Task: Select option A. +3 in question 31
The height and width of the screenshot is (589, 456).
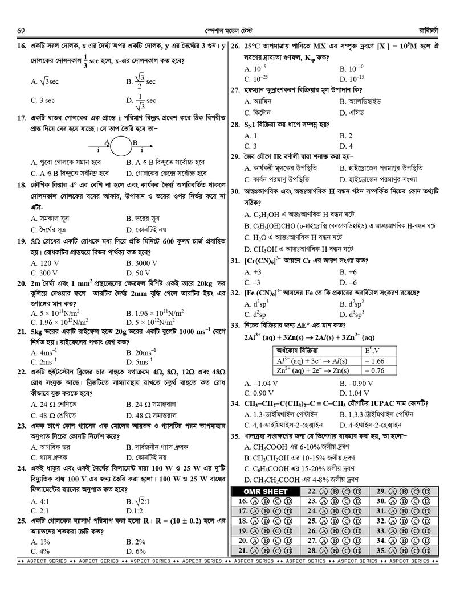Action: pyautogui.click(x=252, y=272)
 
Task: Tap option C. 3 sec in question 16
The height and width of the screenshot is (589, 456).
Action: pyautogui.click(x=43, y=100)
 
